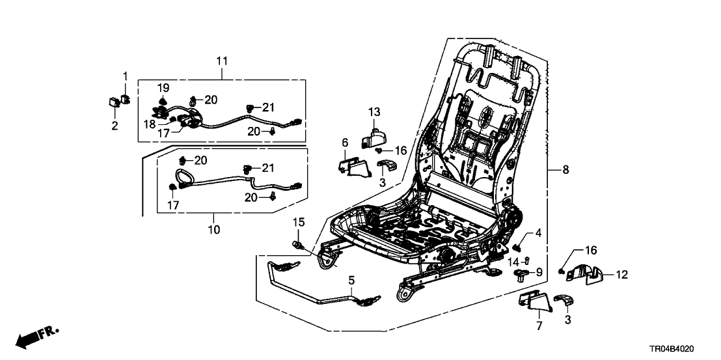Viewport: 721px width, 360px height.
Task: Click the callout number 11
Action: pos(221,61)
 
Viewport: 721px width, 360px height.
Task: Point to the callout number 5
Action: pos(351,281)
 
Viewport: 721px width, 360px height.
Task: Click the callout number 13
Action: pos(374,112)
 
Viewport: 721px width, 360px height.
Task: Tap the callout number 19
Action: pos(163,87)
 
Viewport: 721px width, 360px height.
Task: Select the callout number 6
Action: pos(344,142)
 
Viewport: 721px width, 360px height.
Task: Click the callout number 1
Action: pos(126,77)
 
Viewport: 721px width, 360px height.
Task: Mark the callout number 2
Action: pos(115,126)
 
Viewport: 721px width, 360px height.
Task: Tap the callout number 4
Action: pos(538,232)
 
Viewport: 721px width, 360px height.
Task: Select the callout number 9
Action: pos(538,271)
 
